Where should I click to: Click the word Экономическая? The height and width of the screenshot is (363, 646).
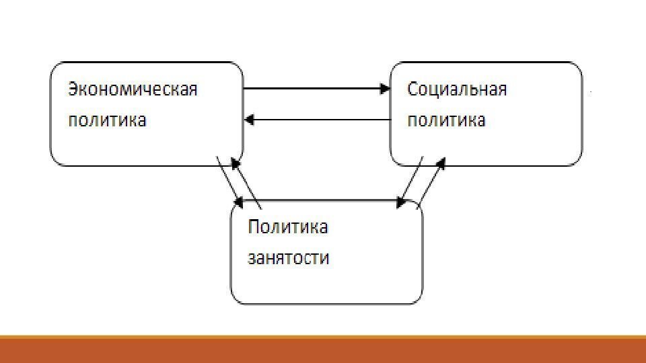click(x=132, y=89)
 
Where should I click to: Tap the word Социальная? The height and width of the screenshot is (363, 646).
click(x=457, y=89)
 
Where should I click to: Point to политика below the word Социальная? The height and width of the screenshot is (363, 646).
click(x=446, y=121)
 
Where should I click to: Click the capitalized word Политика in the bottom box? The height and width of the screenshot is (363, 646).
click(x=288, y=227)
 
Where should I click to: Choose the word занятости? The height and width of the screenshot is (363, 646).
click(x=289, y=258)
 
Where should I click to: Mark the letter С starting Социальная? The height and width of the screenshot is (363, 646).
click(x=413, y=89)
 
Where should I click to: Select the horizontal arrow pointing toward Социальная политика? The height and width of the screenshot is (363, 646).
click(x=316, y=88)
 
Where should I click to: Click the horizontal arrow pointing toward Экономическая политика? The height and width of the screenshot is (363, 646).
click(x=316, y=120)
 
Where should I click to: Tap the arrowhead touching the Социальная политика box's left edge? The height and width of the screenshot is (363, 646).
click(x=386, y=88)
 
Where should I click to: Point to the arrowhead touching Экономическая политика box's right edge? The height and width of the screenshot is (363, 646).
click(x=248, y=120)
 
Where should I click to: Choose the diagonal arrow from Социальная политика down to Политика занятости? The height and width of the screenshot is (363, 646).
click(x=411, y=180)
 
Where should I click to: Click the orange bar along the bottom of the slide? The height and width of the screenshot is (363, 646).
click(x=323, y=350)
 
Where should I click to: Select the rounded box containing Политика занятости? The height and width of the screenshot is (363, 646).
click(x=327, y=282)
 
